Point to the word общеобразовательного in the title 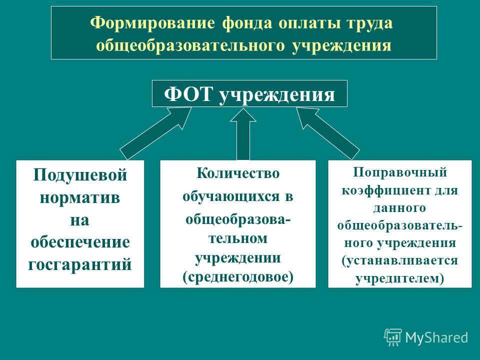click(190, 45)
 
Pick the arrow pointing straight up click(243, 134)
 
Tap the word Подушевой click(80, 175)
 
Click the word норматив click(79, 197)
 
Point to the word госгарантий click(80, 264)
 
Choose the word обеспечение click(80, 242)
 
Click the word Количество click(238, 173)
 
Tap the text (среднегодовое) click(238, 277)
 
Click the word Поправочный click(400, 172)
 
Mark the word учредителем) click(399, 278)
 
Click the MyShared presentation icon click(393, 337)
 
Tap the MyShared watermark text click(437, 337)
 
